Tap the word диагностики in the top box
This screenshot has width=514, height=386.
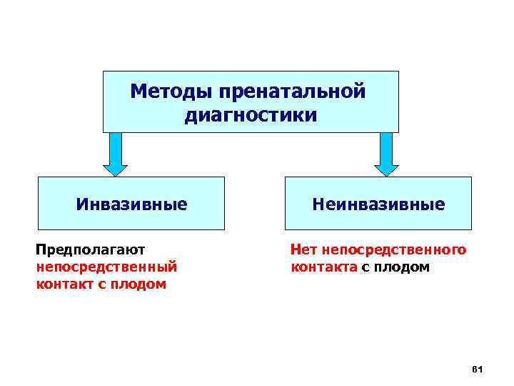click(x=251, y=114)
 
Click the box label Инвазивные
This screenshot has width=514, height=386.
click(x=132, y=204)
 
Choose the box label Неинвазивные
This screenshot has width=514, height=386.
click(x=378, y=204)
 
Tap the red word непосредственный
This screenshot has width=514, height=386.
click(x=106, y=267)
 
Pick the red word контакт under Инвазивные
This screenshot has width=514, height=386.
click(x=63, y=284)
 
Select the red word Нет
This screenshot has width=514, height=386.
click(x=303, y=249)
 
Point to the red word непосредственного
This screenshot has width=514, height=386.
click(x=394, y=249)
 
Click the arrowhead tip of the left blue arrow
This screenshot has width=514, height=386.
click(x=115, y=174)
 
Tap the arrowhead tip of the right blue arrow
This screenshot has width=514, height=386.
click(x=386, y=174)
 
